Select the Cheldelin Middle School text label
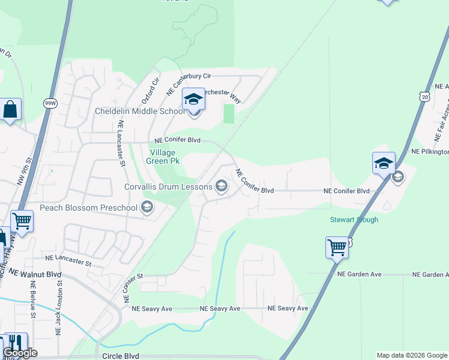pyautogui.click(x=140, y=111)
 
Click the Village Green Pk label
pyautogui.click(x=164, y=157)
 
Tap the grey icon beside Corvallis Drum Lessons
pyautogui.click(x=221, y=186)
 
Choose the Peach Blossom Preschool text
pyautogui.click(x=89, y=208)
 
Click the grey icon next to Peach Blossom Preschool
pyautogui.click(x=146, y=208)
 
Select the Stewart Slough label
pyautogui.click(x=354, y=220)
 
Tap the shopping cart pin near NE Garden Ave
pyautogui.click(x=337, y=247)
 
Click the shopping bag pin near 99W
pyautogui.click(x=10, y=109)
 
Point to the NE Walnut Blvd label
pyautogui.click(x=35, y=272)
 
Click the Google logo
pyautogui.click(x=20, y=353)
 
